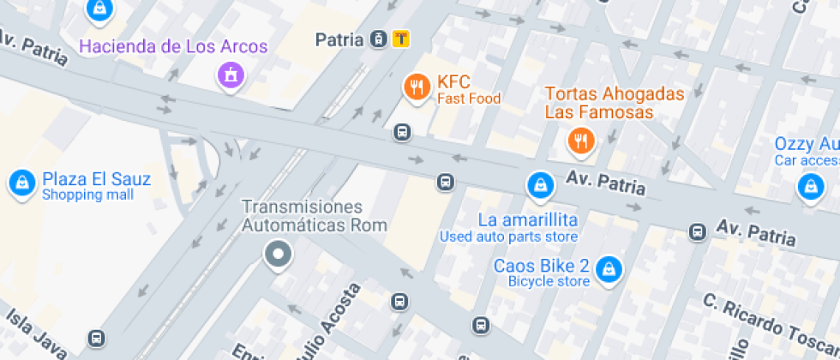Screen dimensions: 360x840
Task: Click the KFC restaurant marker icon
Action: click(417, 86)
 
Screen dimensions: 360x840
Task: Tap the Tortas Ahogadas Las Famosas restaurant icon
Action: click(581, 141)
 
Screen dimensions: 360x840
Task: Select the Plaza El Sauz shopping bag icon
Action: click(20, 183)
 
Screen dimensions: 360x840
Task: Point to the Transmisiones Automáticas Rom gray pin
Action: click(278, 255)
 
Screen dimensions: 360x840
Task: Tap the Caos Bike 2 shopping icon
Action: click(609, 268)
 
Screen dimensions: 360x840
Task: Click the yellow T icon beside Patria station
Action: click(400, 39)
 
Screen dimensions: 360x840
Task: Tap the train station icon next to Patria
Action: click(378, 39)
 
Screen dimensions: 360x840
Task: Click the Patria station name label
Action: click(340, 39)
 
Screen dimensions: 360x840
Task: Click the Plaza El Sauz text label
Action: click(97, 180)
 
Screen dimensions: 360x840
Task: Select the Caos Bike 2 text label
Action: click(541, 266)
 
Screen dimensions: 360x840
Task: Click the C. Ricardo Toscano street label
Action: click(766, 322)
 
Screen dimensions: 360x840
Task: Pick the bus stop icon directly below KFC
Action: click(401, 133)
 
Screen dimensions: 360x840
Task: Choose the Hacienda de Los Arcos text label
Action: click(173, 46)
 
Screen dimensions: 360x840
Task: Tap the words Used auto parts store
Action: click(508, 237)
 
